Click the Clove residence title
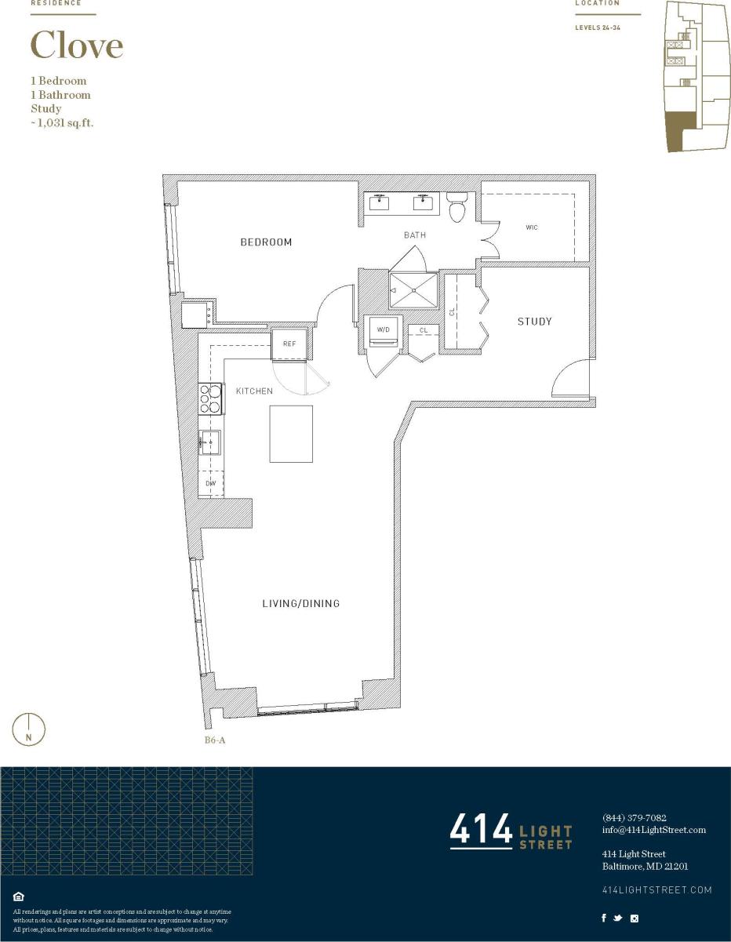77,45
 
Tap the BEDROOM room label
266,242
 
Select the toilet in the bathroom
456,209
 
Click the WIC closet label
532,227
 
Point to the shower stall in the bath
413,290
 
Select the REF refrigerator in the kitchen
288,344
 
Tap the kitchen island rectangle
291,434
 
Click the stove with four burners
211,398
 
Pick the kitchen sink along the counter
211,443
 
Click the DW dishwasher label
210,484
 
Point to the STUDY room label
534,322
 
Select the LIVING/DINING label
300,604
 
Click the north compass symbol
29,729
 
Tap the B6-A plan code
215,739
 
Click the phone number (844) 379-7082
634,817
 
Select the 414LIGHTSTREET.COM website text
657,889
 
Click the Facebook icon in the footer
603,918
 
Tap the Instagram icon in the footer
635,918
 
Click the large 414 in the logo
480,831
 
